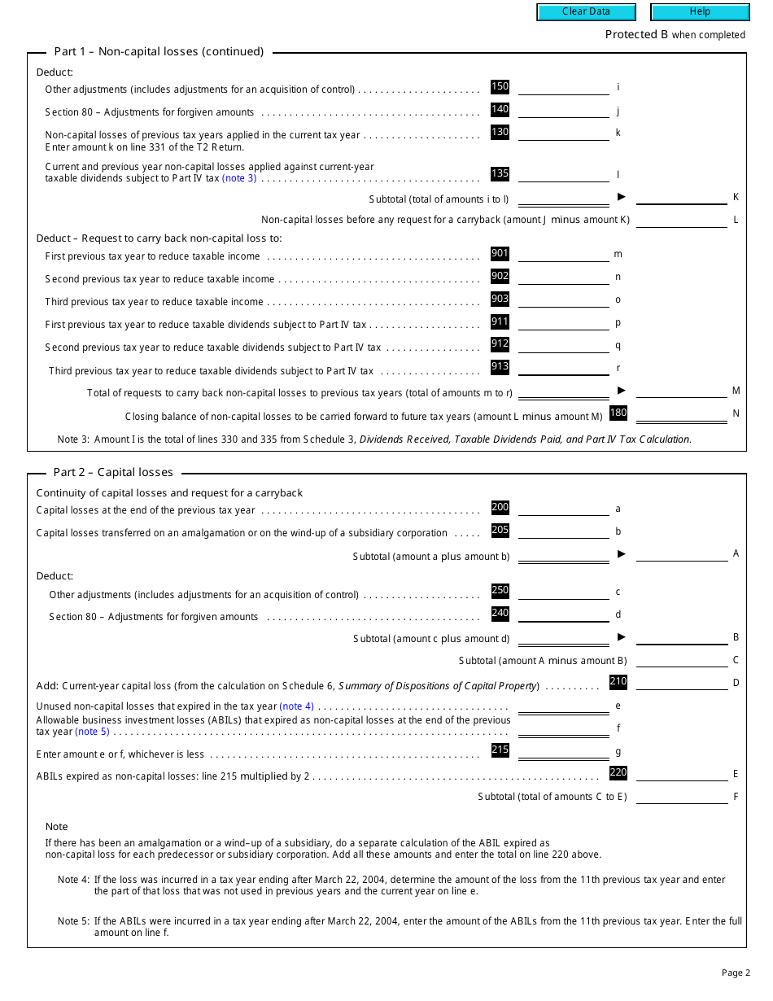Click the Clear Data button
click(x=585, y=11)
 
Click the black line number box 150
click(x=500, y=86)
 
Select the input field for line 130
click(x=563, y=133)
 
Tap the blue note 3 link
click(x=239, y=178)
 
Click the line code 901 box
click(x=500, y=253)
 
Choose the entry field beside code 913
click(x=563, y=368)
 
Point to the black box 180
click(x=618, y=413)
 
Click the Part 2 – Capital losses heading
click(x=113, y=472)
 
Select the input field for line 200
click(x=563, y=509)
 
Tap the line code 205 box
click(x=500, y=530)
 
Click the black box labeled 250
click(x=500, y=590)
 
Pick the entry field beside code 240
click(x=563, y=615)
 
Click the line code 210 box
click(x=618, y=681)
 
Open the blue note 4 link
click(x=296, y=706)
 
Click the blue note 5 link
click(x=92, y=732)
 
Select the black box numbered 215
click(x=500, y=750)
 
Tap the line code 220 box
click(x=618, y=772)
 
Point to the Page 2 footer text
click(x=735, y=973)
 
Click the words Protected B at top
click(x=631, y=34)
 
